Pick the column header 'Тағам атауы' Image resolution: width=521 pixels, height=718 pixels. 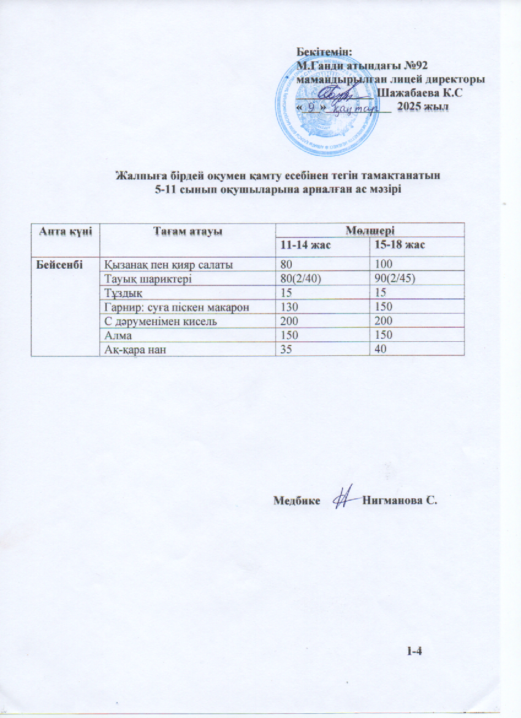tap(187, 230)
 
